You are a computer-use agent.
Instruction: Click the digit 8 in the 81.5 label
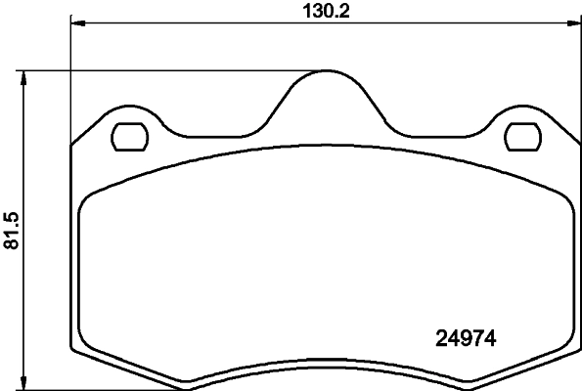[x=12, y=242]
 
